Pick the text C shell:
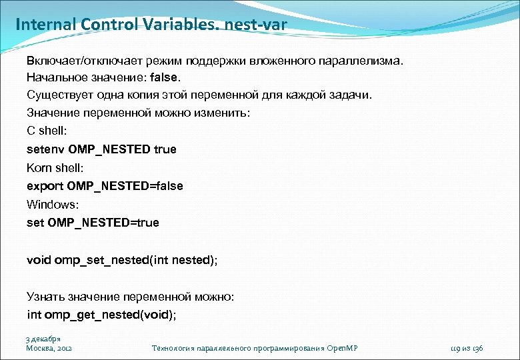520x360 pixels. click(47, 131)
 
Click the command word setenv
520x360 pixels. click(45, 149)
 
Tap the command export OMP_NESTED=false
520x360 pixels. click(105, 186)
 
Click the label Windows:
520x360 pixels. click(52, 204)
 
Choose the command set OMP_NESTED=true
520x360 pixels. click(93, 223)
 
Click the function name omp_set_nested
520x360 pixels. click(102, 259)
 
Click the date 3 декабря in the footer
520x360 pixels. click(43, 339)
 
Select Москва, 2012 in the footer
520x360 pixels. click(49, 348)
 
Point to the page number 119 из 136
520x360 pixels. click(467, 348)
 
